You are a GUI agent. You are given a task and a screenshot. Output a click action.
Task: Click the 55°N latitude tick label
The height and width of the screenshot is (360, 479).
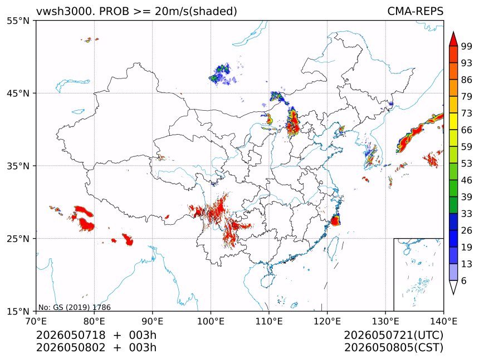click(x=18, y=21)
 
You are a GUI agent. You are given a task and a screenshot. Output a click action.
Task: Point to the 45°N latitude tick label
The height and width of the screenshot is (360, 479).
click(x=18, y=93)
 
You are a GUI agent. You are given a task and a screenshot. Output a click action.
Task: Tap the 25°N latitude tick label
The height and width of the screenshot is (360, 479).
click(x=18, y=238)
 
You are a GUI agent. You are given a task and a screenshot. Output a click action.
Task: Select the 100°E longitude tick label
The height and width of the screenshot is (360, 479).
click(x=211, y=321)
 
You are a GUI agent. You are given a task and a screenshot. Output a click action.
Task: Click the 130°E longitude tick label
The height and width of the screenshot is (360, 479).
click(x=385, y=321)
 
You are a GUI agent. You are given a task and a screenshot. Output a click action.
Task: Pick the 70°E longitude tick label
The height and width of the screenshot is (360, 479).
click(x=36, y=321)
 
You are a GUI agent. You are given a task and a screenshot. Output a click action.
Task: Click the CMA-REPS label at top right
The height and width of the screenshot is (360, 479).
click(x=415, y=11)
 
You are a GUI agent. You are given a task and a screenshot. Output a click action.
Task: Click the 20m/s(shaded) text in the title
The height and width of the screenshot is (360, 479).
click(x=196, y=12)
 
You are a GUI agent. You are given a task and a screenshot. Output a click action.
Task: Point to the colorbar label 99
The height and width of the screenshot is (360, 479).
click(x=467, y=46)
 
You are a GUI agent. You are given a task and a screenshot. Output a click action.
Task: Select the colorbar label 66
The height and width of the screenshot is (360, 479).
click(x=467, y=130)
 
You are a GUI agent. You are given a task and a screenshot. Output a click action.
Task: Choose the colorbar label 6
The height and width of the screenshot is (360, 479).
click(x=464, y=280)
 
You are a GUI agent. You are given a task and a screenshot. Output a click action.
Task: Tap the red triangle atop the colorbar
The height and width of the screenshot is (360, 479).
click(x=453, y=39)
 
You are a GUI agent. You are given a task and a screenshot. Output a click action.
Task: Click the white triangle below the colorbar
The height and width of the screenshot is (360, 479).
click(x=453, y=287)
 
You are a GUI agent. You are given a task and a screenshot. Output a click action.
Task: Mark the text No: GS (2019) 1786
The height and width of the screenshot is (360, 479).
click(x=74, y=307)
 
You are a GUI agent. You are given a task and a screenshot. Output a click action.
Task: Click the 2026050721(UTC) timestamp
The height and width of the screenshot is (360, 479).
click(x=393, y=336)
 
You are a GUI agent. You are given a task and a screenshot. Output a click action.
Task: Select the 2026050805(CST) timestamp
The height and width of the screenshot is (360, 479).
click(x=393, y=348)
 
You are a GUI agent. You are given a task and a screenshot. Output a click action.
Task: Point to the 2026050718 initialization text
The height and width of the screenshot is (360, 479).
click(x=71, y=335)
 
